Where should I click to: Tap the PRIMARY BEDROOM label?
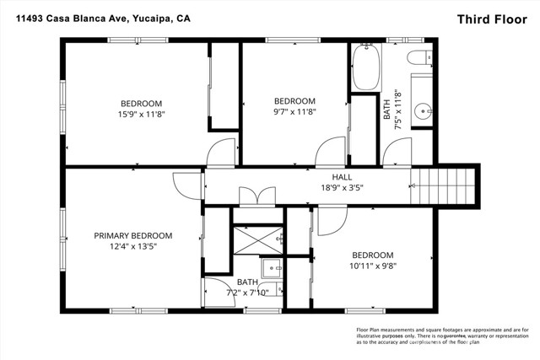132,235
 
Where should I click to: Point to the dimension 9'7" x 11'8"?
294,111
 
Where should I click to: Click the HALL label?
341,176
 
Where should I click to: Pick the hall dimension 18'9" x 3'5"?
341,187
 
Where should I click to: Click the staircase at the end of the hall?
444,185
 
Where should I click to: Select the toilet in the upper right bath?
418,60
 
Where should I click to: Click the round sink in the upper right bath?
424,113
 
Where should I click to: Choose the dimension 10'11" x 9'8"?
372,266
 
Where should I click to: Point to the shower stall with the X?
258,240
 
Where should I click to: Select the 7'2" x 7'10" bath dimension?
247,293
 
